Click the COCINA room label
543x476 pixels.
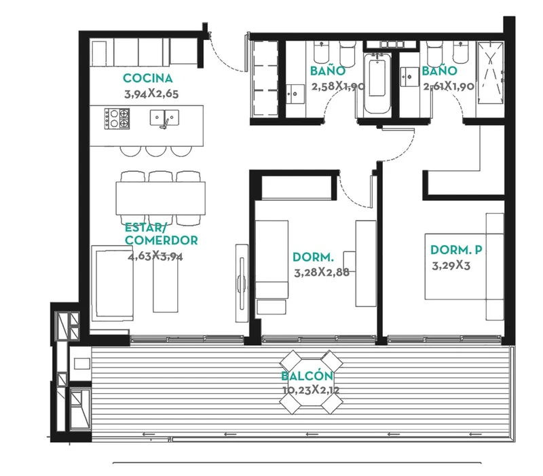pos(148,78)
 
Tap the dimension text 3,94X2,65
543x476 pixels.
pos(151,94)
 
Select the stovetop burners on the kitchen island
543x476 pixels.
pos(117,119)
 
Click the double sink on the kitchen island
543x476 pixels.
pos(164,117)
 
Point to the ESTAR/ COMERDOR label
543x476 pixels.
pos(161,234)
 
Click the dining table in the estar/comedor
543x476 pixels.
pos(160,198)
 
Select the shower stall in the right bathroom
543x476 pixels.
pos(490,73)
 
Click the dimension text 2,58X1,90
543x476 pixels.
pos(338,86)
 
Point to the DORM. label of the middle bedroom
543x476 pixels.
pos(313,257)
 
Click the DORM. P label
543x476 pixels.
pos(456,249)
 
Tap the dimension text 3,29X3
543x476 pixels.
pos(451,266)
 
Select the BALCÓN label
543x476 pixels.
pos(307,376)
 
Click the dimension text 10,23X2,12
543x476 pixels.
pos(311,390)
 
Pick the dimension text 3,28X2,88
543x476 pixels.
pos(322,272)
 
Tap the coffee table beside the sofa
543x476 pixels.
pos(166,284)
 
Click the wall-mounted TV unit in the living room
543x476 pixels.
pos(242,283)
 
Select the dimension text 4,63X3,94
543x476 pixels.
pos(155,257)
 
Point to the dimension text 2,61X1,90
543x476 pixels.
pos(449,86)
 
